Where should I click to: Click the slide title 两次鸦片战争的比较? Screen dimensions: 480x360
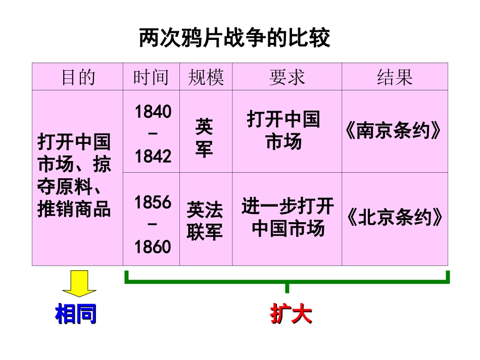234,38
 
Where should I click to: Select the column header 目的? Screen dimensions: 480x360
78,77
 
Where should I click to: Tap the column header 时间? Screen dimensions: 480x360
151,77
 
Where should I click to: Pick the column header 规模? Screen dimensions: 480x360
206,77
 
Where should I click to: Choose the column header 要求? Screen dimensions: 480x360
286,77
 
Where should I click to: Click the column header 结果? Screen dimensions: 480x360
395,77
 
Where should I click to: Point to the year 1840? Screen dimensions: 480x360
153,112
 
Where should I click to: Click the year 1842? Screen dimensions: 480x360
153,157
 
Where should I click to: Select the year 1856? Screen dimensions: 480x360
153,202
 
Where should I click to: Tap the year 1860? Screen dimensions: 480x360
153,247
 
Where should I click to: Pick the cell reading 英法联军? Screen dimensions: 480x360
205,221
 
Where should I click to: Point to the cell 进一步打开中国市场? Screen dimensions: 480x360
287,218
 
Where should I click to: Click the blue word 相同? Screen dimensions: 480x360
76,314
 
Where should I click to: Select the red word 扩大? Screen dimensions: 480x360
291,314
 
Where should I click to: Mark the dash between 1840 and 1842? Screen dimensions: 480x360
153,134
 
